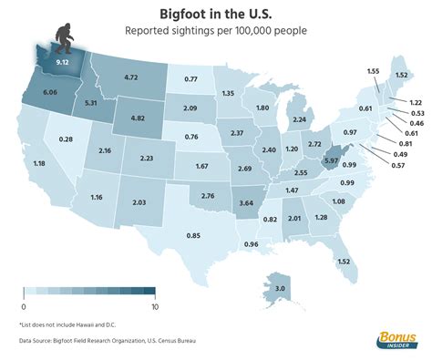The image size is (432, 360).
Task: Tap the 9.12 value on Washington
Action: click(x=63, y=63)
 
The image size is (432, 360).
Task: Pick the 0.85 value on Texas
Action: click(x=192, y=236)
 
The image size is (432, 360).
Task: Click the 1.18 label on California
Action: click(x=39, y=164)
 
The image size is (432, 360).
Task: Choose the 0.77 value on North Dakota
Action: click(x=191, y=79)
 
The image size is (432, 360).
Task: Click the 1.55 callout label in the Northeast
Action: click(x=372, y=71)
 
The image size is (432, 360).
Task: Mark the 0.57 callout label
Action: click(x=397, y=166)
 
